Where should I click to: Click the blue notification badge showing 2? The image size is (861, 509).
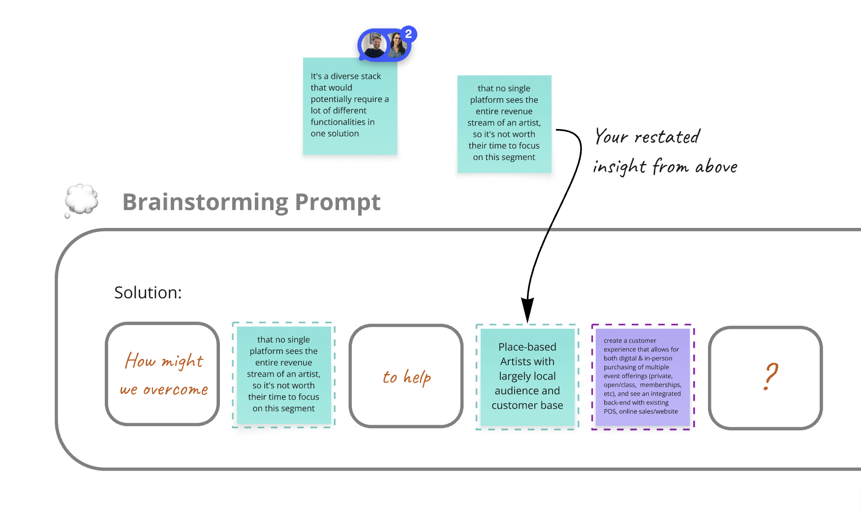point(408,34)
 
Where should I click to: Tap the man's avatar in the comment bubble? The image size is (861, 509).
point(375,45)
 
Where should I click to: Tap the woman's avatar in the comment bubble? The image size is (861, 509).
point(397,46)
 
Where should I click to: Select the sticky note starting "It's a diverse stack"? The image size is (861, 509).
point(350,106)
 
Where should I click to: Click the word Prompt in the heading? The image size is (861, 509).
point(338,202)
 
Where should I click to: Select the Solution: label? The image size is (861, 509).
point(148,292)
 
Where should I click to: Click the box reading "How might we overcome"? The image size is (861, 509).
point(162,374)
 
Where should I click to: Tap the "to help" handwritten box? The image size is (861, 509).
point(406,376)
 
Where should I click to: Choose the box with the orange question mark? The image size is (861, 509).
point(765,378)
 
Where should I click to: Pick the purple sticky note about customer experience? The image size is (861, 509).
point(643,377)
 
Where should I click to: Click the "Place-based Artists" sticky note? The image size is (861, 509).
point(527,377)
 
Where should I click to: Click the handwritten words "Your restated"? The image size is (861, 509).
point(647,137)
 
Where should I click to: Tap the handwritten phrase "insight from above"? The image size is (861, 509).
point(665,167)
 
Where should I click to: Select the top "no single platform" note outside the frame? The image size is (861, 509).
point(504,124)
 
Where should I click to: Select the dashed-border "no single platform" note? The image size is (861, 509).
point(284,375)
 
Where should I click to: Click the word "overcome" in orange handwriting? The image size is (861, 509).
point(176,390)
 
